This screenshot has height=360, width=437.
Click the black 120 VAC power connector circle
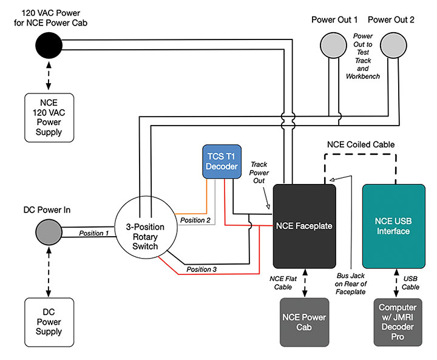[x=49, y=44]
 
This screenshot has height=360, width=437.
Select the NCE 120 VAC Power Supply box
[x=49, y=116]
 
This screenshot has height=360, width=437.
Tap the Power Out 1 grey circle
[x=334, y=44]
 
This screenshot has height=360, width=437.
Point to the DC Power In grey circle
[x=49, y=231]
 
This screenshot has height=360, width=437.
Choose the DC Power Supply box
[x=49, y=322]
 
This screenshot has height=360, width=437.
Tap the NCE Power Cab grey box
[x=304, y=322]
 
